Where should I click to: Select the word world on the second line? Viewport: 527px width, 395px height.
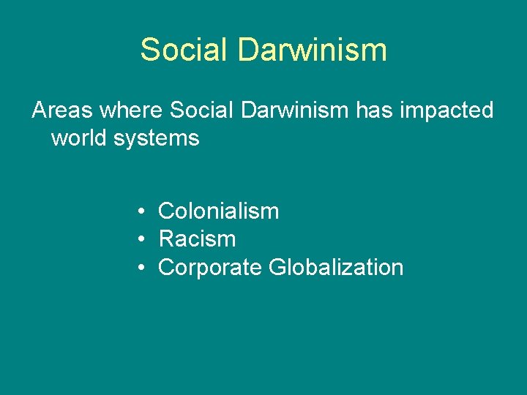[80, 138]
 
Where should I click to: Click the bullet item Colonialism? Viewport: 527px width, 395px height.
[218, 211]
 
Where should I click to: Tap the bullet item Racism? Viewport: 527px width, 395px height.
[197, 239]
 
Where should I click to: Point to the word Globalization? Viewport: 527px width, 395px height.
[336, 267]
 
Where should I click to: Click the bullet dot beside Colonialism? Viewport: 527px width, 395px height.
[139, 212]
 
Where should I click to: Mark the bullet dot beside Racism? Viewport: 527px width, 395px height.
[139, 240]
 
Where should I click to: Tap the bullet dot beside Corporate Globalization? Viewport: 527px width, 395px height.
[139, 268]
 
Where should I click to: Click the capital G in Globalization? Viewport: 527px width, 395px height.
[277, 267]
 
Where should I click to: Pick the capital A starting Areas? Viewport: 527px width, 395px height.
[39, 110]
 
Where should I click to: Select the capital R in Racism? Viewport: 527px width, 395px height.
[166, 239]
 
